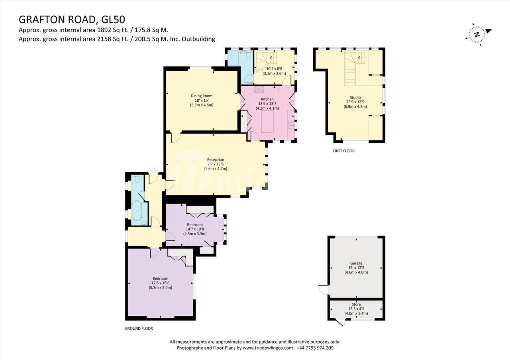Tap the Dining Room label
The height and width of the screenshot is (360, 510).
[202, 96]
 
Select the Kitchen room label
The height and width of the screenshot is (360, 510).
[267, 99]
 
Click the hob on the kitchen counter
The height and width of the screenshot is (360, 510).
[259, 89]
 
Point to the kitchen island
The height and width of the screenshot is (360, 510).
[267, 122]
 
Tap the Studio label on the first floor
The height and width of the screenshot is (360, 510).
[355, 98]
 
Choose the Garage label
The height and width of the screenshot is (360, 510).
[356, 263]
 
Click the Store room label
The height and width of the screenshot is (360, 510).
[356, 305]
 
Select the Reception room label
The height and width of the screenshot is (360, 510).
[216, 160]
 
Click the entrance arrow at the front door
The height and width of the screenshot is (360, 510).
[153, 170]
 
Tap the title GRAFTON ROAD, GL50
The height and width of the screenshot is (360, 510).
[72, 20]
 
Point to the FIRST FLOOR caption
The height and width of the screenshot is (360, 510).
[343, 151]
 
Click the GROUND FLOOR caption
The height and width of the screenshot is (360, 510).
[139, 329]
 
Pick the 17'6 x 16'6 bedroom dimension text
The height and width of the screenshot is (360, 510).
[160, 283]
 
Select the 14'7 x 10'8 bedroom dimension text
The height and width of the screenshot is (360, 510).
[195, 229]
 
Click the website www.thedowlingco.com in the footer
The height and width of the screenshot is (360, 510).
[267, 348]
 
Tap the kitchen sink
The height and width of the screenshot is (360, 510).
[290, 125]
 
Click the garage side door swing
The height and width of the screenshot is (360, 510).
[323, 290]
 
